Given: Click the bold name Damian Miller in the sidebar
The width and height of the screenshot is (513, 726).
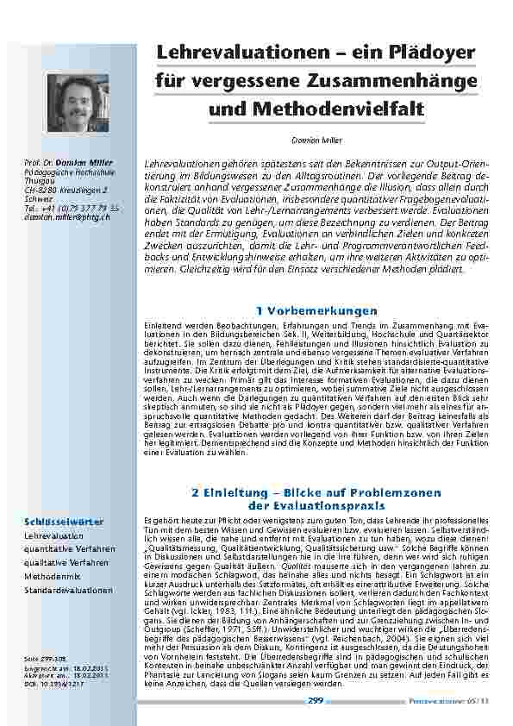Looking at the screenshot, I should coord(93,162).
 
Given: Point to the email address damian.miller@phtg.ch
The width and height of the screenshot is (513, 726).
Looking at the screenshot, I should coord(68,218).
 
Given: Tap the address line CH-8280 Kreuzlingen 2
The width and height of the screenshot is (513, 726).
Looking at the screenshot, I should coord(66,190).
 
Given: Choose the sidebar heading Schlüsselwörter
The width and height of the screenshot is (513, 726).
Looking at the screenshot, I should coord(65,522).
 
